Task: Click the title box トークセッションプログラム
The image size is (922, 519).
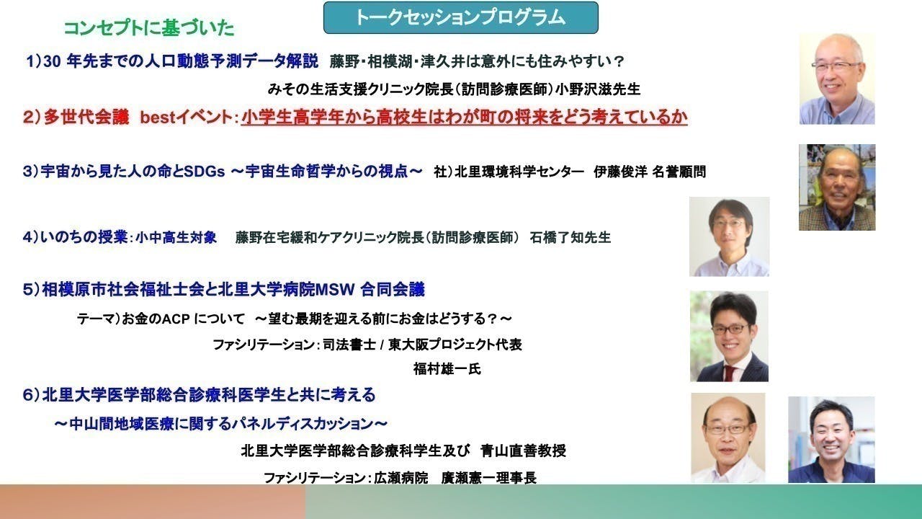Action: click(460, 18)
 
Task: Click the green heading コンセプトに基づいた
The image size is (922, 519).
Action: click(149, 28)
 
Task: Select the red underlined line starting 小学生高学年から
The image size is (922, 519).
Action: click(464, 117)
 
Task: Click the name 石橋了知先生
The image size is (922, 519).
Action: click(570, 237)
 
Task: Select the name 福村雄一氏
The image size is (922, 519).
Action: click(447, 369)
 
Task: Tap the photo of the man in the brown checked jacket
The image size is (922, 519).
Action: click(836, 187)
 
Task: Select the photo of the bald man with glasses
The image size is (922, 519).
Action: click(728, 437)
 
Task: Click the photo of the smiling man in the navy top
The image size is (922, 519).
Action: click(831, 439)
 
